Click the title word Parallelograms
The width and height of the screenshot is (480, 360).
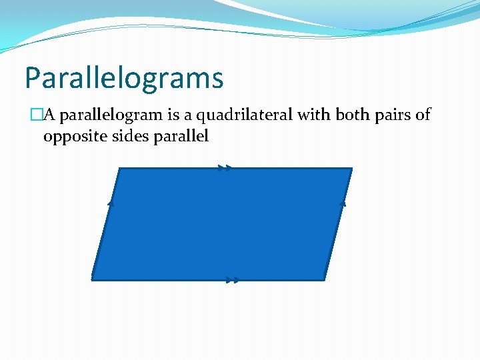[x=124, y=78]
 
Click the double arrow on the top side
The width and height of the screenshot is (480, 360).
[x=225, y=169]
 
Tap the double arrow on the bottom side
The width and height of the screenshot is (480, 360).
[x=231, y=280]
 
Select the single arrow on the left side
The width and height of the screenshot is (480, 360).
[x=111, y=203]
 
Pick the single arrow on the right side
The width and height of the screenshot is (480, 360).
[x=343, y=203]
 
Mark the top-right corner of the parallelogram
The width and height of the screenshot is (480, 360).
[x=351, y=169]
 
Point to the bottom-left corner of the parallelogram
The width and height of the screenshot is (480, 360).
[x=92, y=279]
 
